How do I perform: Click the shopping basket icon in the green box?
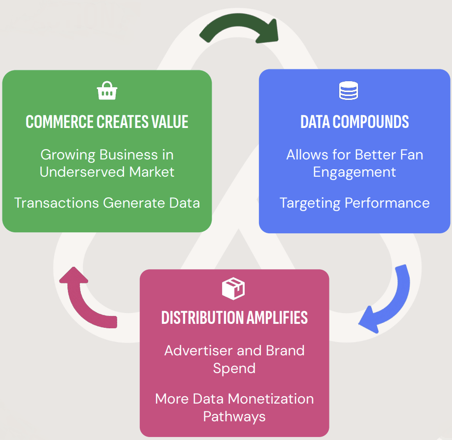tap(107, 91)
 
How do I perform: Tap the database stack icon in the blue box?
tap(349, 91)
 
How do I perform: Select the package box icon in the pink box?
tap(233, 288)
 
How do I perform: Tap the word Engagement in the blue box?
tap(355, 172)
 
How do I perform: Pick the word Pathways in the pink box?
tap(234, 416)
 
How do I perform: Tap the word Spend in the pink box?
tap(234, 368)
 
